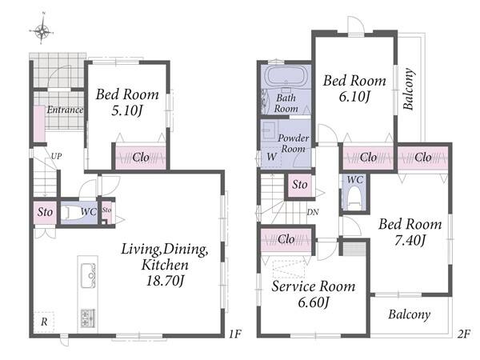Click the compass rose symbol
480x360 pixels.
tap(42, 30)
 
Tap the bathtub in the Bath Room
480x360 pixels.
tap(286, 76)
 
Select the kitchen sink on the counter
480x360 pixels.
tap(88, 275)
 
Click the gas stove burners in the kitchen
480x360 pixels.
tap(88, 318)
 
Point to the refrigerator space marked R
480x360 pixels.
tap(44, 322)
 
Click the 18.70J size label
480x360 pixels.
tap(166, 281)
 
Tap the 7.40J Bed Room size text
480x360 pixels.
tap(410, 241)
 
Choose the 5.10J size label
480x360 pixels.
tap(127, 111)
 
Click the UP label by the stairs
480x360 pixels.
tap(56, 156)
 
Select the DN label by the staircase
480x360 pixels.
tap(313, 212)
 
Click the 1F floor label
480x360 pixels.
tap(234, 334)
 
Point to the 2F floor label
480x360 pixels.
tap(463, 334)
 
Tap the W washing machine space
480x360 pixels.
tap(271, 157)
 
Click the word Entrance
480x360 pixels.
tap(65, 110)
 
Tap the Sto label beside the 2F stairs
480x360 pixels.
tap(300, 185)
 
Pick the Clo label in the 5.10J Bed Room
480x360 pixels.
tap(141, 158)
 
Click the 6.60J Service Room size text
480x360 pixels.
tap(313, 302)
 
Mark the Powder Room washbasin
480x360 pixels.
tap(270, 130)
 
